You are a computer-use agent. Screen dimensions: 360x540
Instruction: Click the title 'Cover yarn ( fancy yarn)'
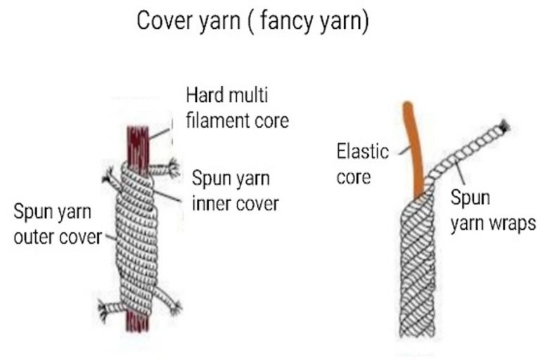[x=252, y=20]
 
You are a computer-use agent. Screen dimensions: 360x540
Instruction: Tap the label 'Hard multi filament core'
[x=237, y=107]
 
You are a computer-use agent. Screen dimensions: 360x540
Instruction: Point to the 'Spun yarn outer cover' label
[x=58, y=224]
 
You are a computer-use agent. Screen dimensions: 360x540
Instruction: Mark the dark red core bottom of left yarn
[x=136, y=323]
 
